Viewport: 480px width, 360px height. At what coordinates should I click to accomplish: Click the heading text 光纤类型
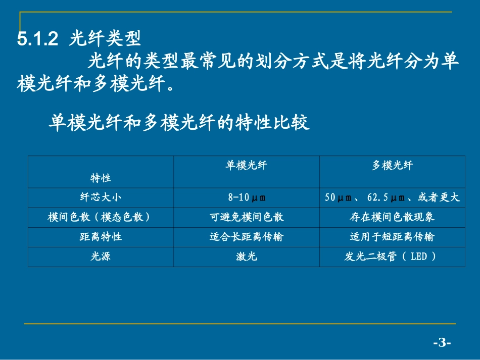tap(105, 39)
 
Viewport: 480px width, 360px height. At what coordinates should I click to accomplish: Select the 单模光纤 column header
tap(246, 166)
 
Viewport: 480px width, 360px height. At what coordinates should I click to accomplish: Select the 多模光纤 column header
tap(392, 166)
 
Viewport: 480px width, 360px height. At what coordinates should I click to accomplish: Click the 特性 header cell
tap(101, 178)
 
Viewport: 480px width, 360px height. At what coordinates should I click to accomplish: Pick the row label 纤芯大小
tap(101, 197)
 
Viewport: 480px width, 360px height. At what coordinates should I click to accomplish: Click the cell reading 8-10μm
tap(247, 197)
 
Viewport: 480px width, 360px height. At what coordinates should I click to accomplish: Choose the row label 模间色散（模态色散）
tap(101, 217)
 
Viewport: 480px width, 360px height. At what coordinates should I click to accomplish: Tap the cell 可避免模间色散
tap(247, 217)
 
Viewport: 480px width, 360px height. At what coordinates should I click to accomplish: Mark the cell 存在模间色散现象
tap(392, 217)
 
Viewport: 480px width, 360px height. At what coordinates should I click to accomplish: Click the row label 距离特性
tap(101, 237)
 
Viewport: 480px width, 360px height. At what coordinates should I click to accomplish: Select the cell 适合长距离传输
tap(247, 237)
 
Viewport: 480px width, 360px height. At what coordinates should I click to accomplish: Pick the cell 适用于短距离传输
tap(392, 237)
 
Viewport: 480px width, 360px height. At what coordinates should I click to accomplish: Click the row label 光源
tap(101, 256)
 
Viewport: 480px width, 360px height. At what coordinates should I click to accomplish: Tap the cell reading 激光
tap(247, 256)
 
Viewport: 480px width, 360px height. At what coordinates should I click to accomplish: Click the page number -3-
tap(442, 343)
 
